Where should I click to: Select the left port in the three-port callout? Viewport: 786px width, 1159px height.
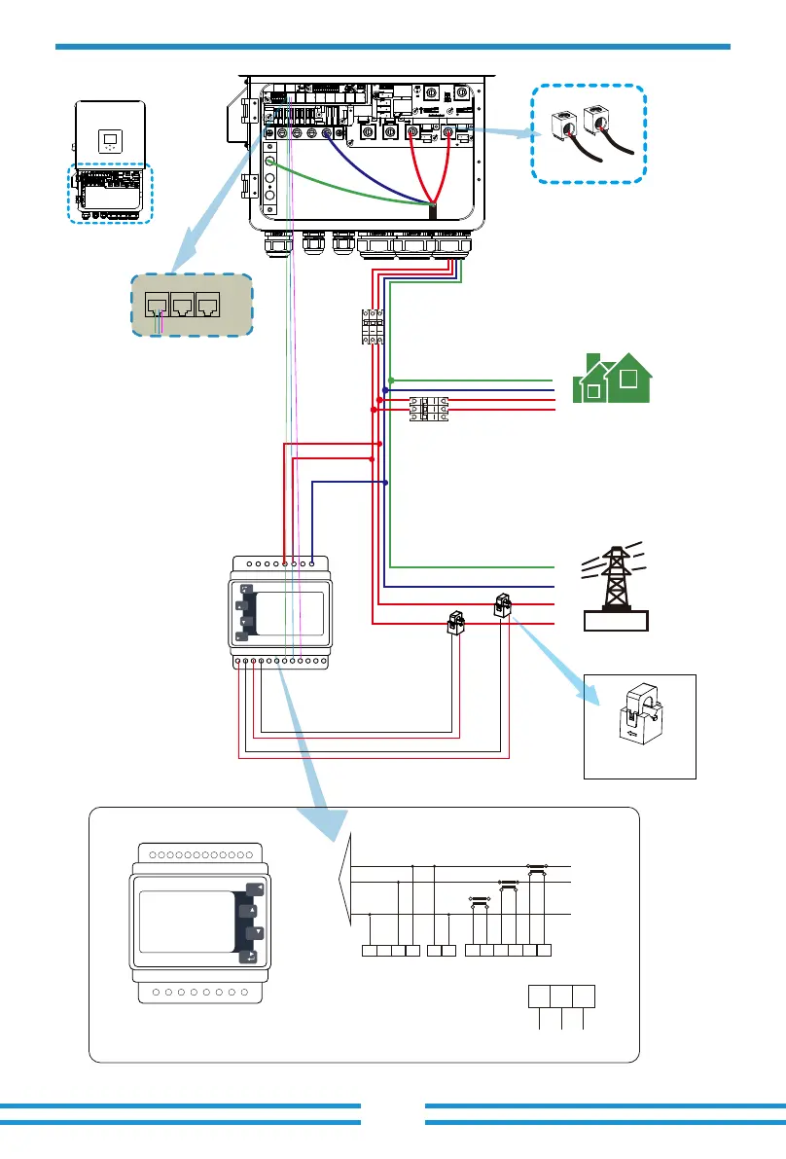pos(156,305)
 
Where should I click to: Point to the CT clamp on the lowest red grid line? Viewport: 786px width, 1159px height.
pos(455,622)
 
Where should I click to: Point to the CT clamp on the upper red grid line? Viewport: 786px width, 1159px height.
pos(504,604)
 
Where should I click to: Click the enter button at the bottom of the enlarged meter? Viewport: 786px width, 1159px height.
pos(254,958)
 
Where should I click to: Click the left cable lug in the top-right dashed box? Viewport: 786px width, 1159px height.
pos(564,127)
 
